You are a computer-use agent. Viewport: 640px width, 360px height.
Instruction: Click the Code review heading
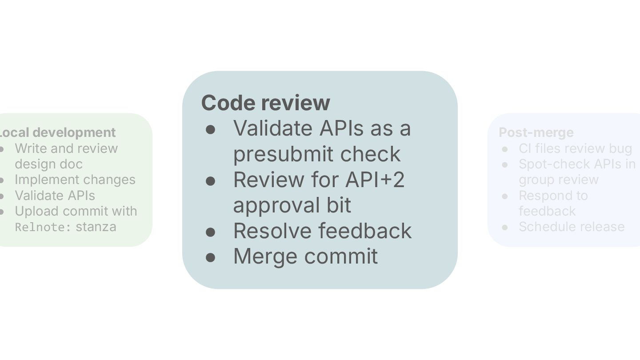(x=265, y=103)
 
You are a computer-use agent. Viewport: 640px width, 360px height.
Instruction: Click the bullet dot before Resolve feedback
(x=211, y=232)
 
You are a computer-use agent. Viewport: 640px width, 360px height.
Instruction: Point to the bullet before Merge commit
(x=211, y=257)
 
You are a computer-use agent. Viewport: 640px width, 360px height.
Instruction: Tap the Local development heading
(x=58, y=132)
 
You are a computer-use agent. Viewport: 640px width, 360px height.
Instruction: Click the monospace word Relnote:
(x=43, y=227)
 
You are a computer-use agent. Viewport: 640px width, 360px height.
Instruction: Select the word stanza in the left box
(x=96, y=227)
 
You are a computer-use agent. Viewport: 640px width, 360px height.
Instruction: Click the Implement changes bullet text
(x=75, y=180)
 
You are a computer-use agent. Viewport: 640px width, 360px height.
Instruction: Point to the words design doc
(x=48, y=164)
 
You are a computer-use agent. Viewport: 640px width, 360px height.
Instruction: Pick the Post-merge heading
(x=536, y=132)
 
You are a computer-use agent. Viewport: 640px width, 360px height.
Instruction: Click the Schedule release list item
(x=572, y=227)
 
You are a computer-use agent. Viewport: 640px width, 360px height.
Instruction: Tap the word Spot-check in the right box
(x=551, y=164)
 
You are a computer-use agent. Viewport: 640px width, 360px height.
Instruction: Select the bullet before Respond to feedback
(x=505, y=196)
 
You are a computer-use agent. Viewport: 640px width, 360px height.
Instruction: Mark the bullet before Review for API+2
(x=211, y=180)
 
